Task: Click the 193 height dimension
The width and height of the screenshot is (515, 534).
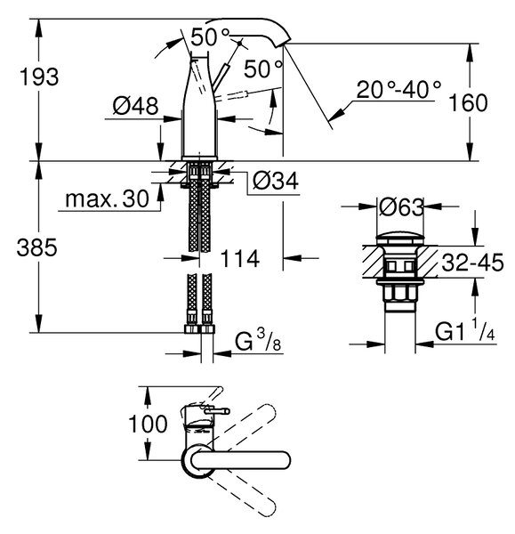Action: tap(39, 77)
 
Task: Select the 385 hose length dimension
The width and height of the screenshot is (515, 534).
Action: tap(37, 247)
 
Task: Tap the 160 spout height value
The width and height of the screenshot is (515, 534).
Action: tap(468, 103)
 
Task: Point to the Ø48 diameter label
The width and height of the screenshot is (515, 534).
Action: tap(135, 106)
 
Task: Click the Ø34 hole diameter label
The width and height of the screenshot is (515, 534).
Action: tap(276, 181)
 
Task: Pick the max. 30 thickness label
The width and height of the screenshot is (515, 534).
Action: tap(107, 198)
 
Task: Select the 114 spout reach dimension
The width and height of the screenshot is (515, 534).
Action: tap(240, 259)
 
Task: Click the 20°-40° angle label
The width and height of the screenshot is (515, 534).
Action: tap(398, 90)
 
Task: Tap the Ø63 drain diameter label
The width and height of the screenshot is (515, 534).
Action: tap(401, 207)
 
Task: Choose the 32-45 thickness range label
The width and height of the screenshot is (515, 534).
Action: tap(472, 263)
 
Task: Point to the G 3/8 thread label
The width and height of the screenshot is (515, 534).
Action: tap(258, 341)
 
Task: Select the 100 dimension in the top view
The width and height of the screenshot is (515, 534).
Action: tap(148, 425)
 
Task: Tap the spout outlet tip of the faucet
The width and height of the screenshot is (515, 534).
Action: tap(283, 44)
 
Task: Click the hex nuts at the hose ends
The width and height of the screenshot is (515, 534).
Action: tap(199, 329)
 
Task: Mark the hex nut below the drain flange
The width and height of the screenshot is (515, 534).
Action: tap(400, 294)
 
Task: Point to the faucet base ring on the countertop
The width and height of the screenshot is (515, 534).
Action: tap(199, 158)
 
